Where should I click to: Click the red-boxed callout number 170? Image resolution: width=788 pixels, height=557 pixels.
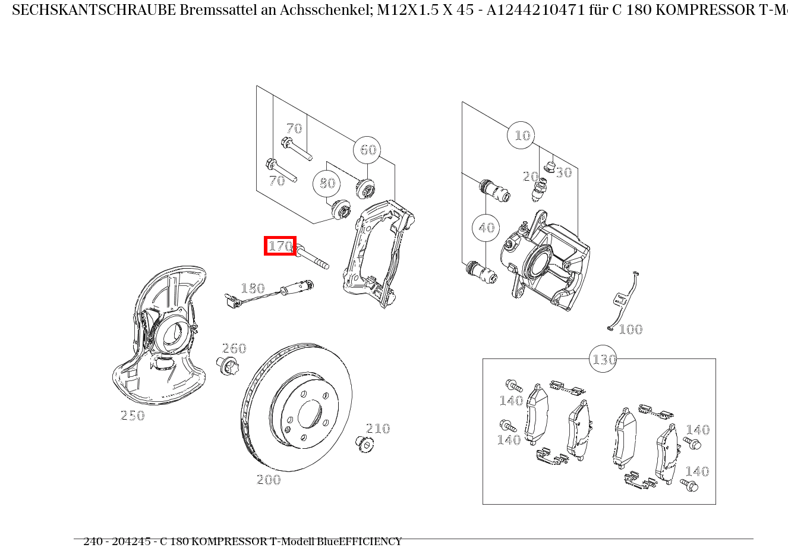[x=280, y=246]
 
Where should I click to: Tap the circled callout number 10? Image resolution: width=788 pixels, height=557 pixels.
[x=521, y=136]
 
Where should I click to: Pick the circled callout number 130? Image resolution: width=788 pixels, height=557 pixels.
[x=603, y=360]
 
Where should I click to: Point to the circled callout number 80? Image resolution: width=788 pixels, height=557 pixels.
[x=327, y=183]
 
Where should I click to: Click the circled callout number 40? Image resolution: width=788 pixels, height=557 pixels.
[x=486, y=228]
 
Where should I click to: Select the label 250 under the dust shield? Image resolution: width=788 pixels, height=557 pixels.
[x=133, y=416]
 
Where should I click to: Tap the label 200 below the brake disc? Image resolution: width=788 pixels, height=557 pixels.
[x=269, y=480]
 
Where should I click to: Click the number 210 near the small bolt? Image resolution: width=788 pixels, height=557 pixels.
[x=378, y=429]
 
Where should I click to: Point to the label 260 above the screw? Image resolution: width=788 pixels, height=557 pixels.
[x=234, y=348]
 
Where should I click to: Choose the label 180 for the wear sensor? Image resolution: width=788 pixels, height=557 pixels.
[x=253, y=289]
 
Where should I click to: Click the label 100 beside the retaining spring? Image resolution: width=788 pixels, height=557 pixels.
[x=631, y=329]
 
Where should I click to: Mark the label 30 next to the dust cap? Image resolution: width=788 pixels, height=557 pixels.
[x=563, y=172]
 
